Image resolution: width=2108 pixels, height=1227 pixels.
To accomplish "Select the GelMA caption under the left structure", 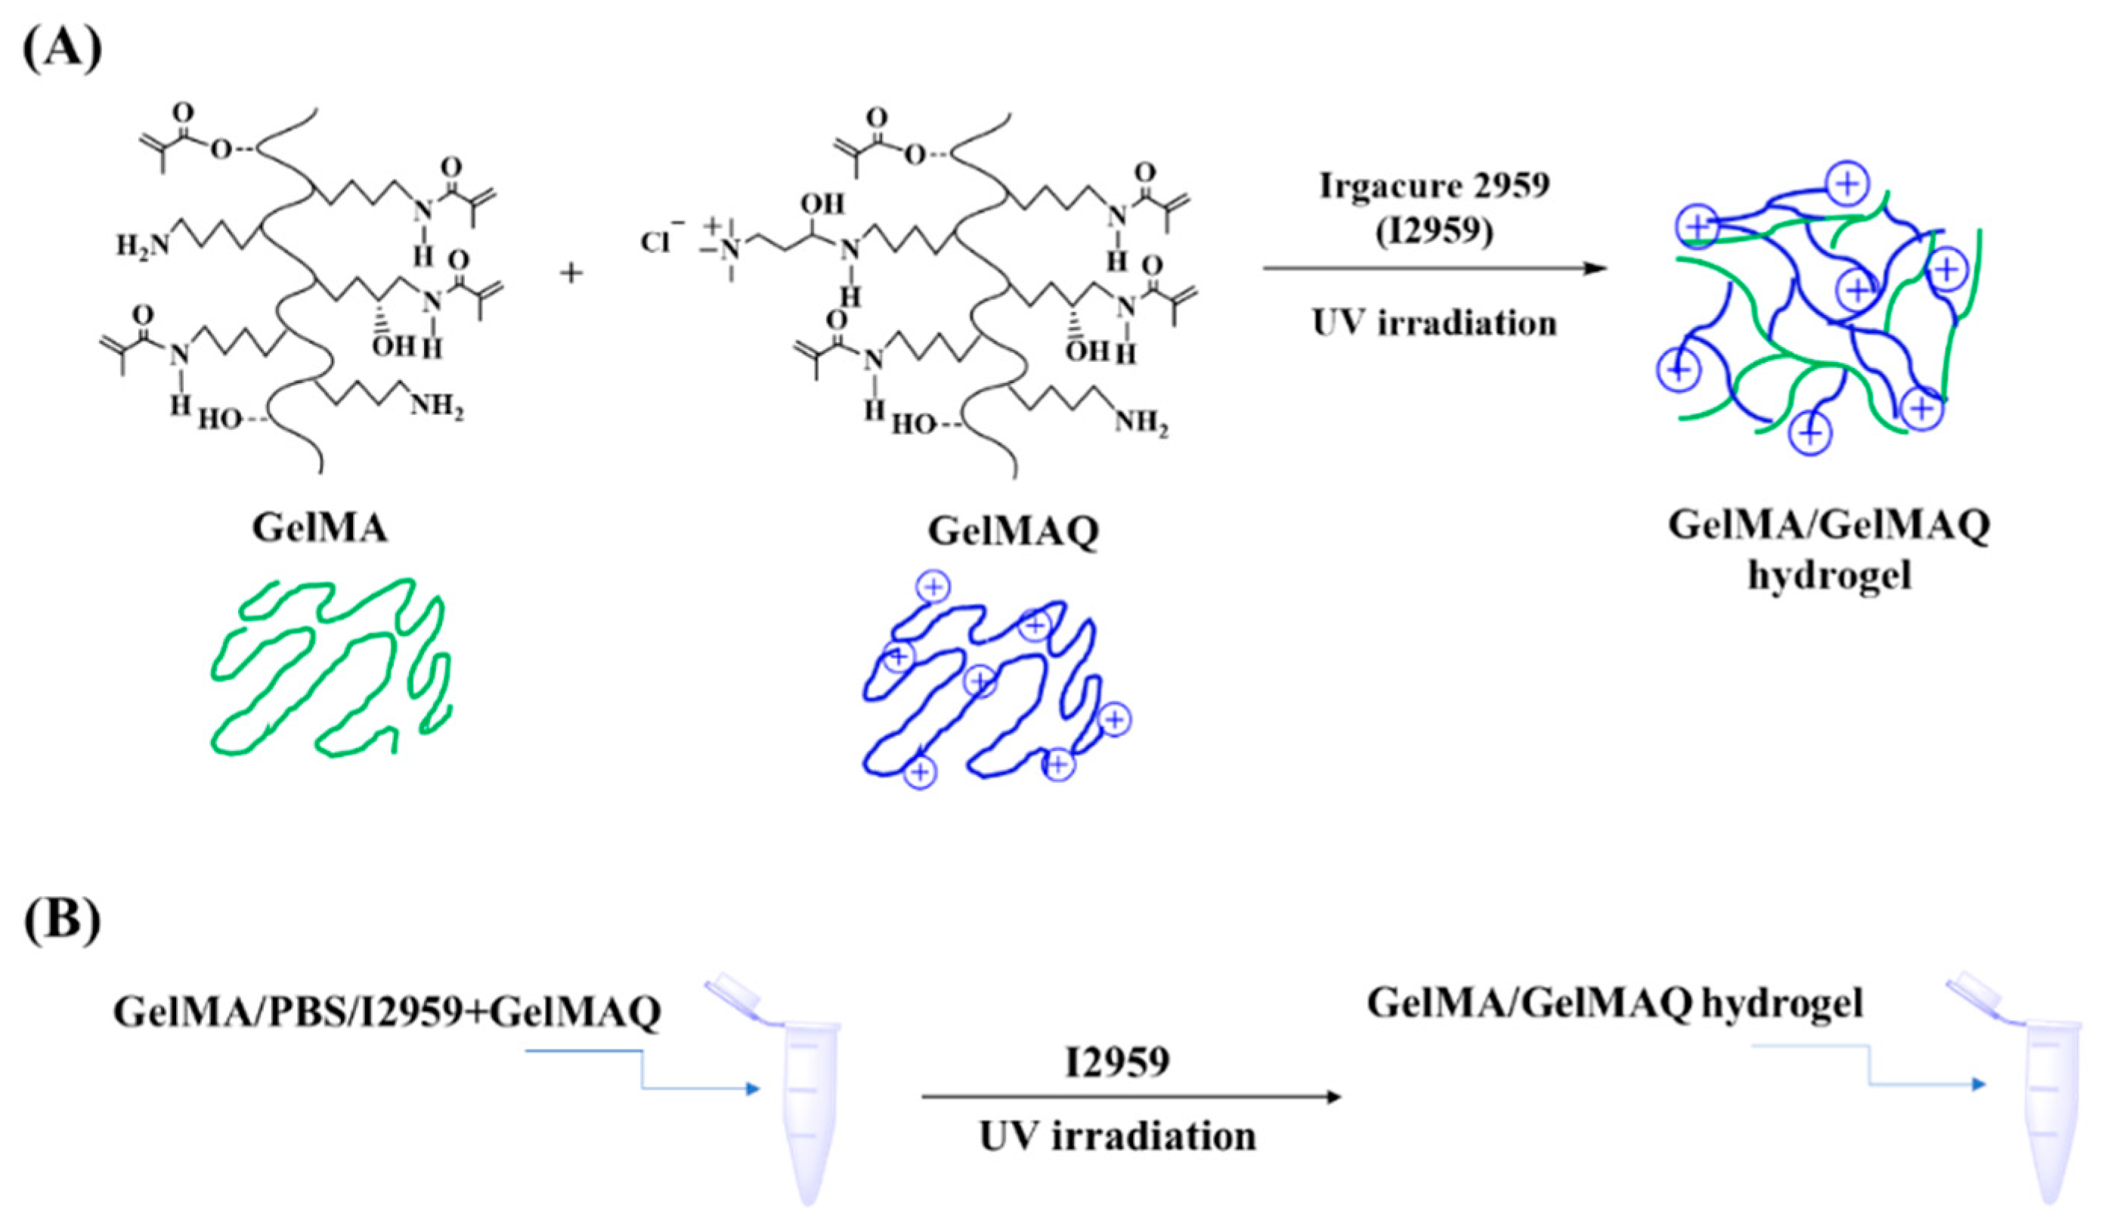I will pyautogui.click(x=320, y=528).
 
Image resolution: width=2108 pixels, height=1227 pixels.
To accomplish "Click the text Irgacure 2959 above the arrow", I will pyautogui.click(x=1434, y=186).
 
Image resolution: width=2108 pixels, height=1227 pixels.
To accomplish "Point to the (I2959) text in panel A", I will pyautogui.click(x=1434, y=231).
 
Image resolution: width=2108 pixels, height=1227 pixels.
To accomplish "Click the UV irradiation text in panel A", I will pyautogui.click(x=1434, y=323).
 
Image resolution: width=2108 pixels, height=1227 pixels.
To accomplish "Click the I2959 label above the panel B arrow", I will pyautogui.click(x=1118, y=1062).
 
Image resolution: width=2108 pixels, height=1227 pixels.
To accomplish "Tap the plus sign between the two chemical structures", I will pyautogui.click(x=571, y=273).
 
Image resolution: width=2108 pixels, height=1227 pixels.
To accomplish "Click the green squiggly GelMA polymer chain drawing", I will pyautogui.click(x=330, y=666).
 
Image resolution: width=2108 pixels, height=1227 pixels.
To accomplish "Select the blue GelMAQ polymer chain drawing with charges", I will pyautogui.click(x=987, y=686).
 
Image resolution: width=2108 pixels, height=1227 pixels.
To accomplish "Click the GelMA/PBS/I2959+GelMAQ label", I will pyautogui.click(x=387, y=1012).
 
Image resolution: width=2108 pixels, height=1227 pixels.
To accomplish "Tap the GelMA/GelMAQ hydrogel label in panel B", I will pyautogui.click(x=1614, y=1003).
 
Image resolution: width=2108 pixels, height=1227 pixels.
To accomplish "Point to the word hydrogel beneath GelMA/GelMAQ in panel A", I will pyautogui.click(x=1828, y=576).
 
